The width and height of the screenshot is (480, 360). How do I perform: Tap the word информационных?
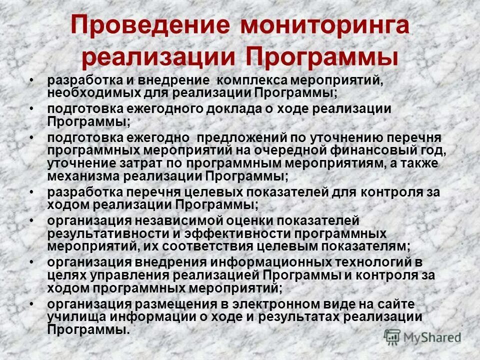pyautogui.click(x=278, y=261)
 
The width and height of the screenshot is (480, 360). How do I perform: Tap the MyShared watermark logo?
pyautogui.click(x=422, y=336)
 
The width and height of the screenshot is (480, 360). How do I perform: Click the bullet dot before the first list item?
pyautogui.click(x=31, y=80)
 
